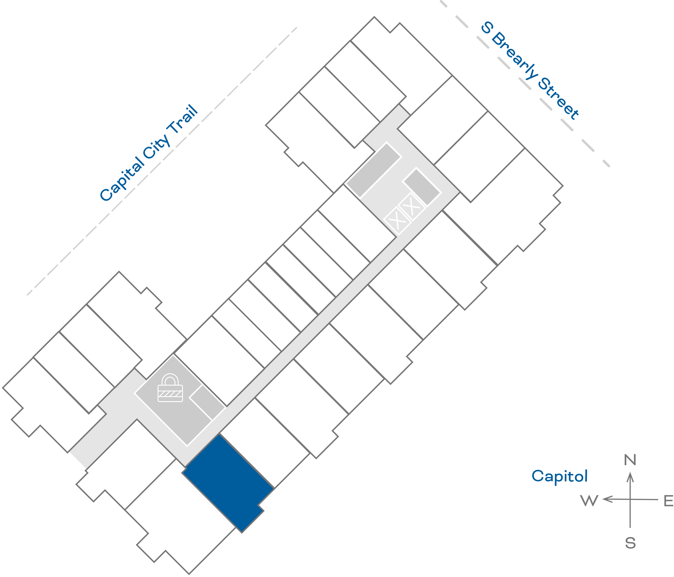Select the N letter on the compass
(630, 460)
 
